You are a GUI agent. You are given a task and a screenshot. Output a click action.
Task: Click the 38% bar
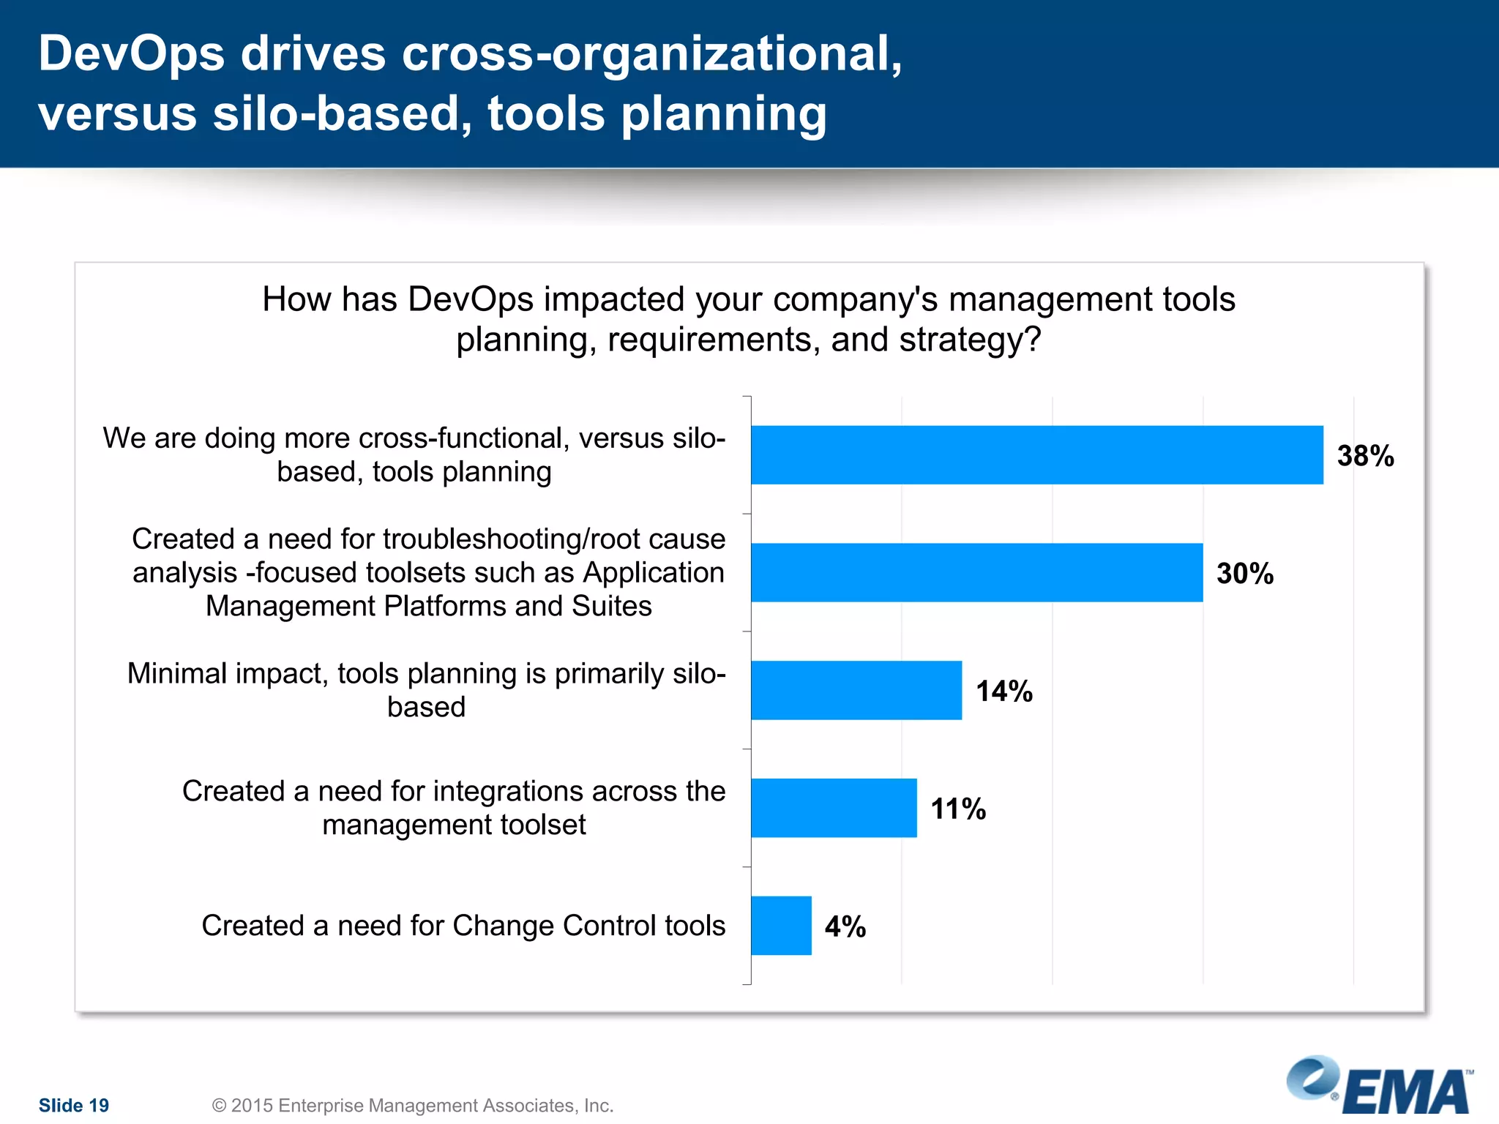[1036, 454]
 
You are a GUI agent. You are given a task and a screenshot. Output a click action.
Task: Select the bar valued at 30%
[976, 572]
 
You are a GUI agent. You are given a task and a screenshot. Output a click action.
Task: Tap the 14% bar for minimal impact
[856, 690]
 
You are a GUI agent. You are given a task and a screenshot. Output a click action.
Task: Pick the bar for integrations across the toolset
[833, 808]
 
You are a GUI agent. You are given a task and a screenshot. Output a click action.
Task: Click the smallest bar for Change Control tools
[780, 926]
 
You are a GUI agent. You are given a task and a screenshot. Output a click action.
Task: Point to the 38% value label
[1365, 456]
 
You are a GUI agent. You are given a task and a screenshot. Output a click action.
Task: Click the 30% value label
[1244, 574]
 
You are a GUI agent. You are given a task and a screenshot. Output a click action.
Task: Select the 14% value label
[1003, 692]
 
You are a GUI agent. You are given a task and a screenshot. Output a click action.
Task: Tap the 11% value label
[957, 809]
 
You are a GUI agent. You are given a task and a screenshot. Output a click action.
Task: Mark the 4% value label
[845, 927]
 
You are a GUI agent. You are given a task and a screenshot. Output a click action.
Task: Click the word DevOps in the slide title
[131, 54]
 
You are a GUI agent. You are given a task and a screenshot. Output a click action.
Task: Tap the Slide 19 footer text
[73, 1105]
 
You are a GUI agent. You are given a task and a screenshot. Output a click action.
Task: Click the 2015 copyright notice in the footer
[412, 1105]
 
